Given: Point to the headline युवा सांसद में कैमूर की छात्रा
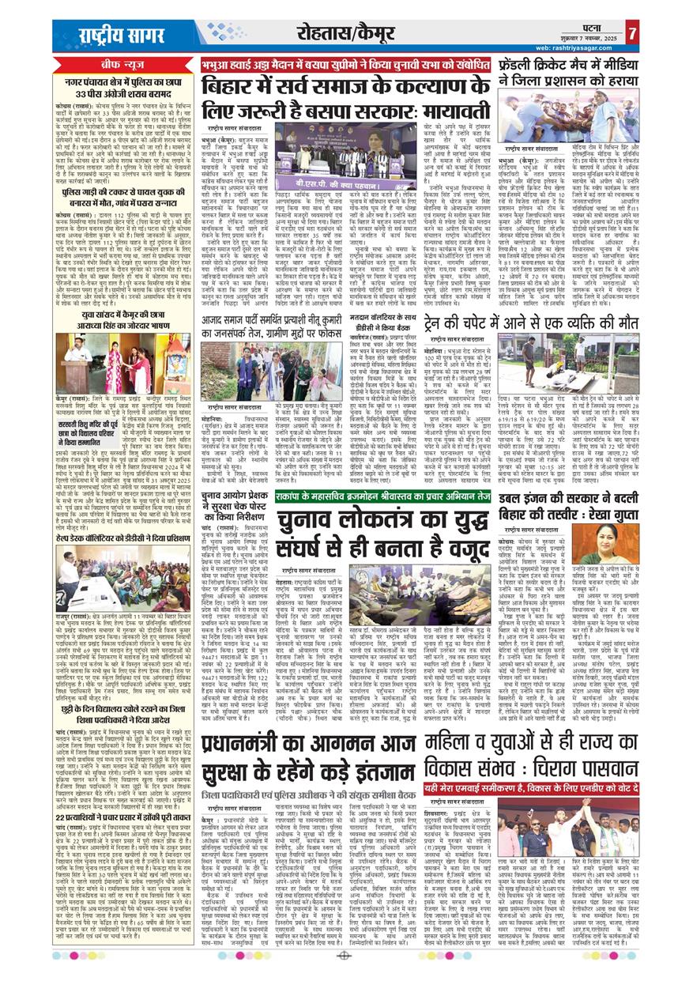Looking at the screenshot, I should pos(122,317).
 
